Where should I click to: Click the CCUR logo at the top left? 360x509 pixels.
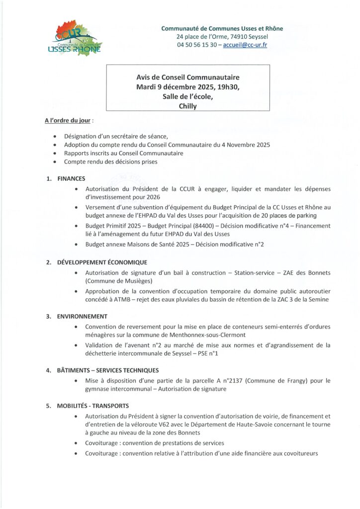click(x=78, y=38)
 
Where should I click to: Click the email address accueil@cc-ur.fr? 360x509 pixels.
click(x=246, y=45)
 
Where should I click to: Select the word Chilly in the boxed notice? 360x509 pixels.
click(x=188, y=105)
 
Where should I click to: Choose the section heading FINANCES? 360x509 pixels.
click(x=71, y=178)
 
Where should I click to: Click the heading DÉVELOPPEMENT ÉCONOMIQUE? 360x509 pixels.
click(x=101, y=262)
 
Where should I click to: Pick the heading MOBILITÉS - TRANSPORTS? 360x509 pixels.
click(x=93, y=405)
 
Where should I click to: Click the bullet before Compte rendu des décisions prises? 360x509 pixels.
click(x=54, y=162)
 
